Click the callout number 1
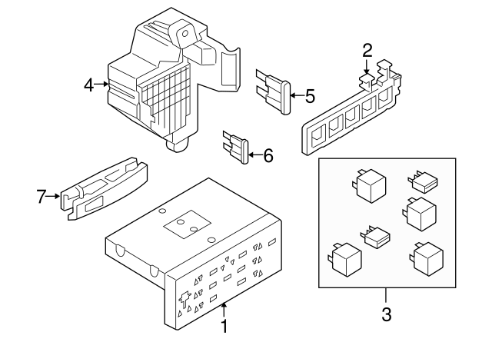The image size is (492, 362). point(224,327)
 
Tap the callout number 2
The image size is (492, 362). point(367,51)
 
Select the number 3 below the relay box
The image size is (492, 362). point(387,314)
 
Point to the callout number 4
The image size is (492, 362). point(89,85)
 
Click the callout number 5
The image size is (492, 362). point(310,96)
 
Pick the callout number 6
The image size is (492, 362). point(268,155)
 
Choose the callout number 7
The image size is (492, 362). point(42,196)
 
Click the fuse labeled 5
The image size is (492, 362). point(275,91)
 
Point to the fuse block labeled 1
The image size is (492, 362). point(200,261)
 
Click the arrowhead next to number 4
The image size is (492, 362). point(105,85)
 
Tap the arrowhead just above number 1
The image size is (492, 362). point(224,307)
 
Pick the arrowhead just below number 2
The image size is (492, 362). point(367,74)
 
